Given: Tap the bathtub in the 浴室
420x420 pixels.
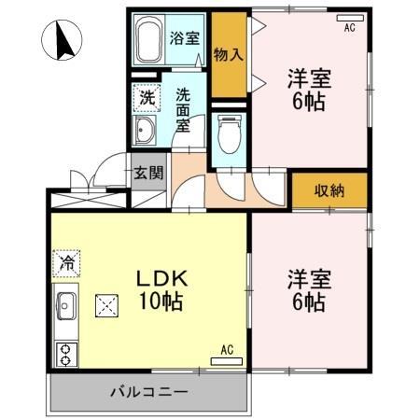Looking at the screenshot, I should click(149, 40).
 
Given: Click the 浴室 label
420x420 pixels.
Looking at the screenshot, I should click(184, 39).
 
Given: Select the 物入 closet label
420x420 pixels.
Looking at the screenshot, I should click(228, 54).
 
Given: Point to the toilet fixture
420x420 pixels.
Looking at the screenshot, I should click(228, 135).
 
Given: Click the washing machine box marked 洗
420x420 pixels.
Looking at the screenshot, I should click(147, 96).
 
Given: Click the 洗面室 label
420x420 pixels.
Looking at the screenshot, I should click(183, 108).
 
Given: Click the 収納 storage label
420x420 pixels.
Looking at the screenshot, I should click(329, 190).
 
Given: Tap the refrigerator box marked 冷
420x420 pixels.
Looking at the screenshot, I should click(67, 264).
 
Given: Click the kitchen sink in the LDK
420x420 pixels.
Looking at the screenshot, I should click(67, 304).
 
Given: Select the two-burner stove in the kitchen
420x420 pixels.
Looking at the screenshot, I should click(67, 353).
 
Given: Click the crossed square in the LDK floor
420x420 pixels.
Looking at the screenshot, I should click(108, 304).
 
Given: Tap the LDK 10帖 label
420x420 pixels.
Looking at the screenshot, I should click(164, 290).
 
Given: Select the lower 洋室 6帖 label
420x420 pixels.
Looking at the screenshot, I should click(307, 290).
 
